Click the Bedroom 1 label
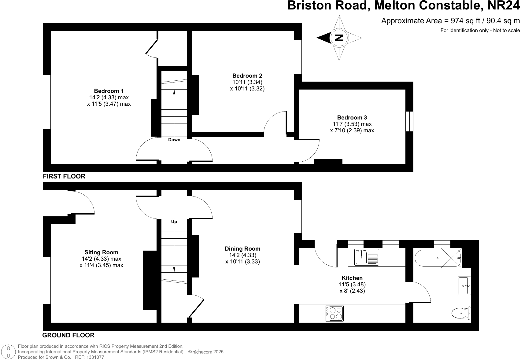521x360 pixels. click(x=109, y=91)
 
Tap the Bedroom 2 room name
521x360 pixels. click(x=247, y=75)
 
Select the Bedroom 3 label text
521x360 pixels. click(x=352, y=117)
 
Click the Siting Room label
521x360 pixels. click(x=101, y=252)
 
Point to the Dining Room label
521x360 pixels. click(x=242, y=248)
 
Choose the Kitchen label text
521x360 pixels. click(x=352, y=278)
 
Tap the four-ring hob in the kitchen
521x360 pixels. click(x=334, y=313)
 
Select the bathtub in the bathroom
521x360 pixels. click(x=437, y=259)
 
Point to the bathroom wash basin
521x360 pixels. click(x=464, y=286)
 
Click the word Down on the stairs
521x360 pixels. click(x=174, y=140)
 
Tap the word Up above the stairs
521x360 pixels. click(x=174, y=222)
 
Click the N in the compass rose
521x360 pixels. click(x=339, y=38)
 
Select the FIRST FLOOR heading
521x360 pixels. click(x=64, y=176)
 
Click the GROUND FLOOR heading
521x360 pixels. click(x=68, y=335)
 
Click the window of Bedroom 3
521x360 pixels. click(x=409, y=121)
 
